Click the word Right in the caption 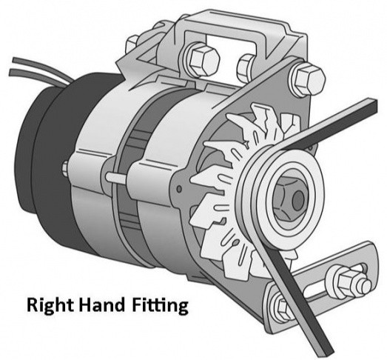(50, 306)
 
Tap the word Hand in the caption (101, 304)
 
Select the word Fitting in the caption (160, 306)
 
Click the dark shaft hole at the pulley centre (298, 200)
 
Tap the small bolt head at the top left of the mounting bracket (132, 45)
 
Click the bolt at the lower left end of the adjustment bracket (282, 307)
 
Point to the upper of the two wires (42, 66)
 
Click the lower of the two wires (39, 75)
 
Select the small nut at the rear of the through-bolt (65, 168)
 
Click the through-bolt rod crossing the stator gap (117, 178)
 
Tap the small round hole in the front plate (179, 189)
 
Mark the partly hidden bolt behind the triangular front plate (245, 66)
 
